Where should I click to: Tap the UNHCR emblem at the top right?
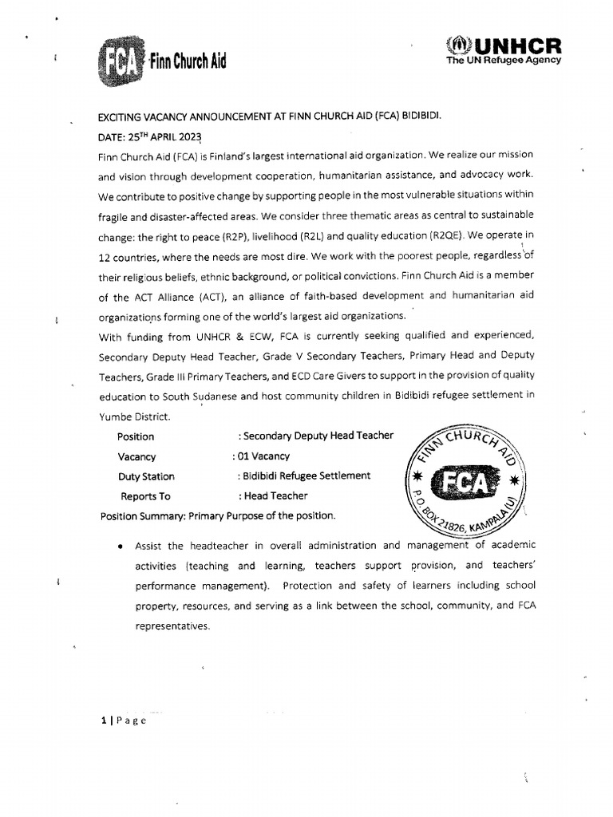tap(461, 46)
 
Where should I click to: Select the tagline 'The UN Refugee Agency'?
tap(504, 60)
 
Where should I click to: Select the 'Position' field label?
tap(136, 436)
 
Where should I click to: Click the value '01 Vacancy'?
tap(262, 457)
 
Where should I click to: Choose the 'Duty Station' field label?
tap(146, 476)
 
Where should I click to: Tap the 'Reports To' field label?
tap(145, 496)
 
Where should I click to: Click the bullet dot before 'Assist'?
tap(119, 547)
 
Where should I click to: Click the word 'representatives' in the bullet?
tap(172, 626)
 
